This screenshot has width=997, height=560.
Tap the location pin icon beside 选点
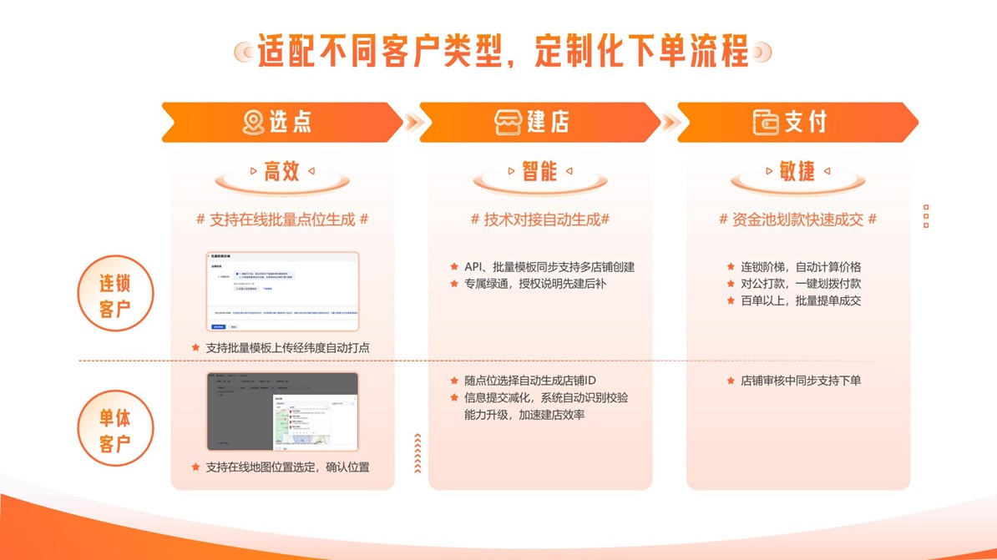coord(252,123)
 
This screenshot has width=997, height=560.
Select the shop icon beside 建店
coord(508,123)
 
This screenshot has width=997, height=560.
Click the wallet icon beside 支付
coord(766,123)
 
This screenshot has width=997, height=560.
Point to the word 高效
coord(281,171)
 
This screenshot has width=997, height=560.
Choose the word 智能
coord(539,171)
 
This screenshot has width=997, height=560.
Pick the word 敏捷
coord(797,171)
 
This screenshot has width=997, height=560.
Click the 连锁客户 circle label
coord(115,294)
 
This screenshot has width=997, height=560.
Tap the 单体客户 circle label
coord(115,429)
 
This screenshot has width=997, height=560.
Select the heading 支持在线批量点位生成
coord(282,219)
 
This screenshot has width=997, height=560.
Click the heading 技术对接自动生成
coord(540,219)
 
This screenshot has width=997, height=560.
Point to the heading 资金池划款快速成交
coord(797,219)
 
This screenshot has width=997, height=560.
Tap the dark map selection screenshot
coord(283,412)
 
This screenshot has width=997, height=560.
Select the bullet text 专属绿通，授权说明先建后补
coord(534,284)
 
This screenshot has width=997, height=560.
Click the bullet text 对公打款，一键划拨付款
coord(800,284)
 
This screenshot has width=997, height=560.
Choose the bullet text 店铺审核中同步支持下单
coord(800,381)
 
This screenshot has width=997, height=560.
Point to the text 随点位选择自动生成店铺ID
coord(530,381)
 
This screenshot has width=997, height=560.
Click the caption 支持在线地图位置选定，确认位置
coord(287,467)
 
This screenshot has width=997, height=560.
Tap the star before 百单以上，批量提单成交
coord(731,301)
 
